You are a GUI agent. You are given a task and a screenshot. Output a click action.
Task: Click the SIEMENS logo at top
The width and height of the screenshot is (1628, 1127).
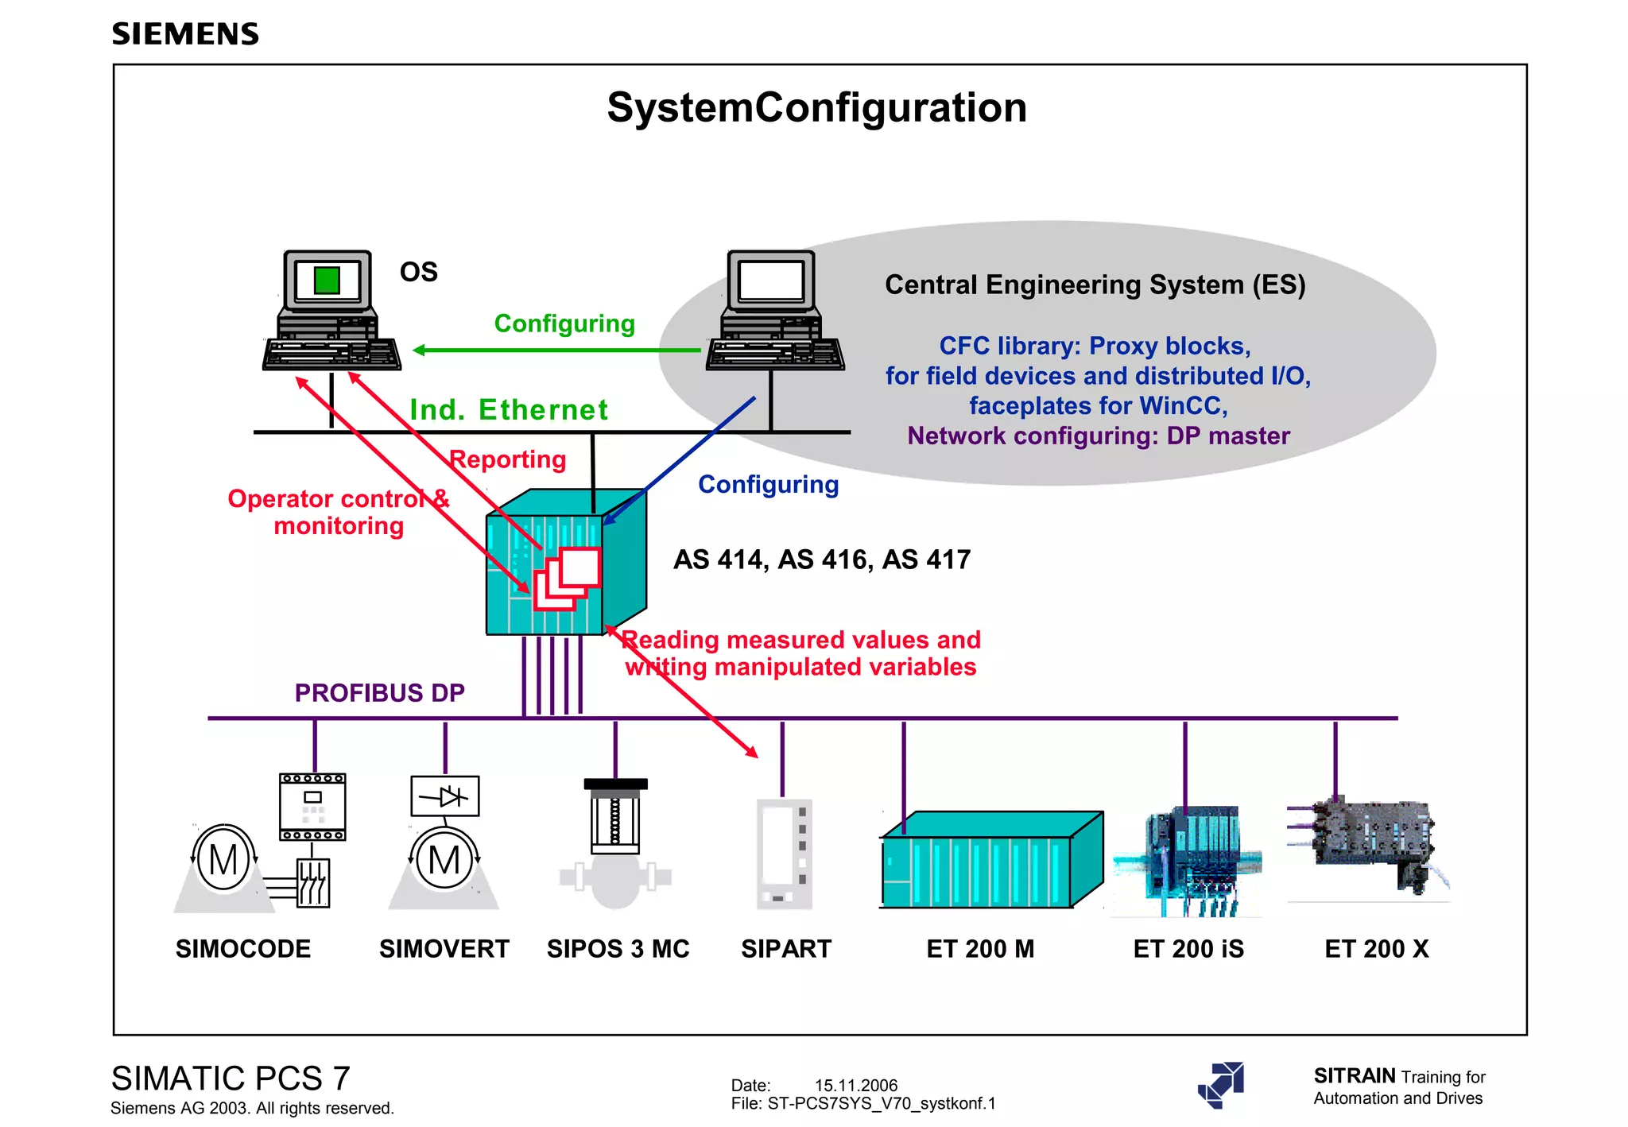click(185, 34)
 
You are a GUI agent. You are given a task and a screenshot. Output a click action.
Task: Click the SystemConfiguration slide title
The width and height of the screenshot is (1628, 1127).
click(816, 107)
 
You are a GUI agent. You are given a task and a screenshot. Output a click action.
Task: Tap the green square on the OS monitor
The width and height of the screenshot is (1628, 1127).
click(327, 280)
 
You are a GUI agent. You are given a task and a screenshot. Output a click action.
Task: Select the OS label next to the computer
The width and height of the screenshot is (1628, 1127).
click(418, 273)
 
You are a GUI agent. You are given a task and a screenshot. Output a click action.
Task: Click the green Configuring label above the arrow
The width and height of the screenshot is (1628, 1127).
click(564, 323)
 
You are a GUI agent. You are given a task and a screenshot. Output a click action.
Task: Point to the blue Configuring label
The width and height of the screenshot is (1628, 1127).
click(768, 484)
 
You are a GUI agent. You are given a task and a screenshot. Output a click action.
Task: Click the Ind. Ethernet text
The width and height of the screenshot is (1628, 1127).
click(509, 409)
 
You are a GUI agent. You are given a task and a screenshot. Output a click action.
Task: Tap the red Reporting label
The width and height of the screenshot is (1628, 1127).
click(508, 459)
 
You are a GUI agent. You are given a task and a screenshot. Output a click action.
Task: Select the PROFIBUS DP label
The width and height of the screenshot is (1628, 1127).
click(379, 693)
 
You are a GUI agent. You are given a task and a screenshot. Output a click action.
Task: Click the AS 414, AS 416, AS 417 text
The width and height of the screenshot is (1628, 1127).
click(822, 560)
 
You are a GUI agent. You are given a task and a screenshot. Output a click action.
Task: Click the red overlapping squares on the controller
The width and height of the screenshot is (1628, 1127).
click(568, 579)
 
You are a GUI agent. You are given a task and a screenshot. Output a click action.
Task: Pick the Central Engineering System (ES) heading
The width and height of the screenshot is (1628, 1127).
click(1095, 285)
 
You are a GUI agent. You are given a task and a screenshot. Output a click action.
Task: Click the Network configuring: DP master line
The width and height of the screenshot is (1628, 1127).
click(1099, 436)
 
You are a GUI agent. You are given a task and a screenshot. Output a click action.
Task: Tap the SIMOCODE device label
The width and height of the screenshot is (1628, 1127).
click(243, 949)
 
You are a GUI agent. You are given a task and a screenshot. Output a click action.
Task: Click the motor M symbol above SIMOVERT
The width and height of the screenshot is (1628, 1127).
click(444, 860)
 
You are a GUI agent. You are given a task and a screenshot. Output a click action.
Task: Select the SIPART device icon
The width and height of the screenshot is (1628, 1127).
click(784, 854)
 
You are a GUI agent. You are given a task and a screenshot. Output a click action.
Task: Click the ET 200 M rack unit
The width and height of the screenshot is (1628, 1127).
click(990, 862)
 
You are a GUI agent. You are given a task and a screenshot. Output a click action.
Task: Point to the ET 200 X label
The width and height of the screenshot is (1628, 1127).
click(1377, 949)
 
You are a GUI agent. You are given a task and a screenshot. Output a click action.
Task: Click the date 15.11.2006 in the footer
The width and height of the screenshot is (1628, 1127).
click(855, 1085)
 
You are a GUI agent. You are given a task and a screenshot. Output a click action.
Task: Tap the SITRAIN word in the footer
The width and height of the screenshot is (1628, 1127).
click(1354, 1075)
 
